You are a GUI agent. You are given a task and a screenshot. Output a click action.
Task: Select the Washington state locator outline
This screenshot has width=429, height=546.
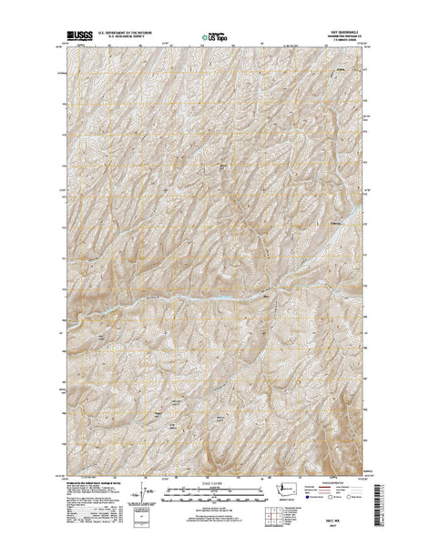pos(290,492)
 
